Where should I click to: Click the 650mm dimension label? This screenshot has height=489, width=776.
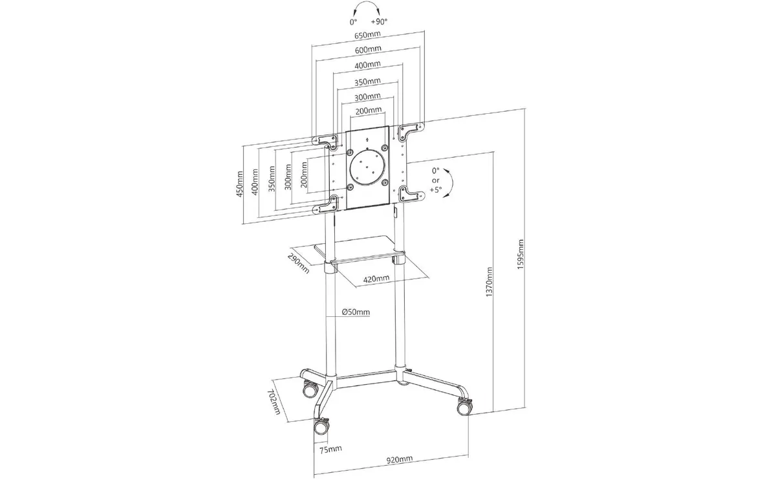[x=367, y=35]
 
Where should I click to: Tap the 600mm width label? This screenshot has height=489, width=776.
[x=368, y=49]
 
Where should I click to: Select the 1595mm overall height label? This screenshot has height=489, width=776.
[x=521, y=254]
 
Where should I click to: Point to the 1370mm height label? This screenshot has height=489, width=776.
[x=489, y=282]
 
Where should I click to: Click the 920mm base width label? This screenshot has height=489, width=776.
[x=400, y=459]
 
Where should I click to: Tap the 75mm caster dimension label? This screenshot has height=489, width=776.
[x=330, y=449]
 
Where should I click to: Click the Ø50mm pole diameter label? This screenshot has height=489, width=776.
[x=356, y=312]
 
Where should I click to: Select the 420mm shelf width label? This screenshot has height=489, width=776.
[x=376, y=278]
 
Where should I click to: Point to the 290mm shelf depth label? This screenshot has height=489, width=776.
[x=298, y=263]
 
